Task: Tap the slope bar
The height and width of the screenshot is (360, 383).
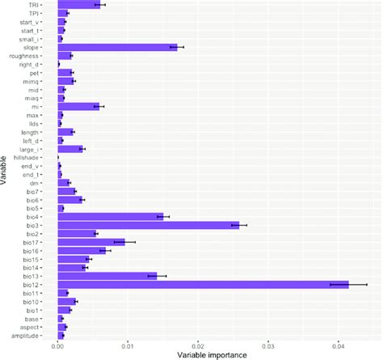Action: tap(117, 47)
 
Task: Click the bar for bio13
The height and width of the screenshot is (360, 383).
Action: tap(107, 276)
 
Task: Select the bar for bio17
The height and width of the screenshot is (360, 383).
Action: tap(91, 241)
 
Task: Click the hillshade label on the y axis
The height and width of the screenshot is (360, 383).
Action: tap(35, 157)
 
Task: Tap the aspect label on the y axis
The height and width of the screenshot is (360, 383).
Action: tap(40, 326)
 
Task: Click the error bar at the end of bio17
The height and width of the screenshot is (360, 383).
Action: tap(124, 241)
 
